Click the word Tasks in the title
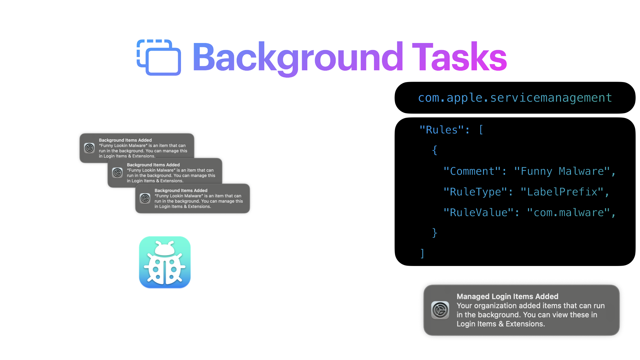click(460, 57)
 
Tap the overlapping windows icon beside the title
click(159, 58)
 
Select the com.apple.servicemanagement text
click(515, 98)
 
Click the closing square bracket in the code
click(422, 254)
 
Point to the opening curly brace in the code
click(434, 150)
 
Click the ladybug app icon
click(165, 262)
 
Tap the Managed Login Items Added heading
click(507, 296)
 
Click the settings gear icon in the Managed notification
click(440, 310)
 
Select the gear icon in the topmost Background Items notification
click(89, 148)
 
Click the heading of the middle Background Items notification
click(153, 165)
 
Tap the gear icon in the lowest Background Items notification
click(145, 198)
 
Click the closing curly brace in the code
click(434, 233)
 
